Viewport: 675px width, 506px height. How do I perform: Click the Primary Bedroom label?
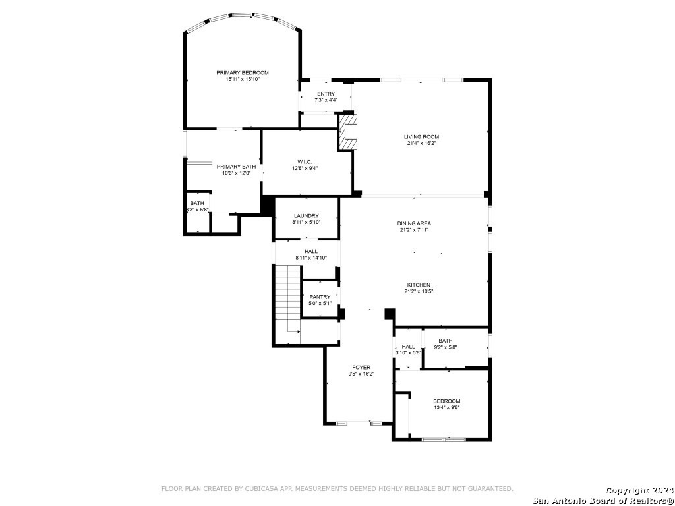point(243,72)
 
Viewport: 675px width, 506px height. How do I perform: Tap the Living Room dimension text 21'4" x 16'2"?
point(422,143)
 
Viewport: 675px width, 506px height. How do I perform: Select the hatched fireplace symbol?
point(348,132)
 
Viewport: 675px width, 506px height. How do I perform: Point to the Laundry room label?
point(307,215)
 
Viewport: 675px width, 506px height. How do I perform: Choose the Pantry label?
point(320,297)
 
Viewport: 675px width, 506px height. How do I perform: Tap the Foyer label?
point(361,367)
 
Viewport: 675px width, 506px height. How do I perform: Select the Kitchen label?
point(419,285)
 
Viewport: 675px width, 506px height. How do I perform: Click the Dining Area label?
point(414,223)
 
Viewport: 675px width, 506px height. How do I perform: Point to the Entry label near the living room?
point(326,94)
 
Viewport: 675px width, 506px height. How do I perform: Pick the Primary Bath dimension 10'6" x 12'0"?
point(237,173)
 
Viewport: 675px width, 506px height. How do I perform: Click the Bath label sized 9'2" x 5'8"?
point(446,341)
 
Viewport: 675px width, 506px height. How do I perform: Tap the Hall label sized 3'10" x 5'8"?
point(408,347)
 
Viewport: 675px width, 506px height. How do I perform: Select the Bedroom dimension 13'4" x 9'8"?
point(447,407)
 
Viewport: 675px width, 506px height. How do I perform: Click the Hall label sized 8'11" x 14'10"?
point(311,251)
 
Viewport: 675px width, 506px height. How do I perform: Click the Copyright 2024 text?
point(639,490)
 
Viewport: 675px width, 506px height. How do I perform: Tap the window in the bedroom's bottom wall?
point(444,439)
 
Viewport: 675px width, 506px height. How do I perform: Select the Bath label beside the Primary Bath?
point(197,203)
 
